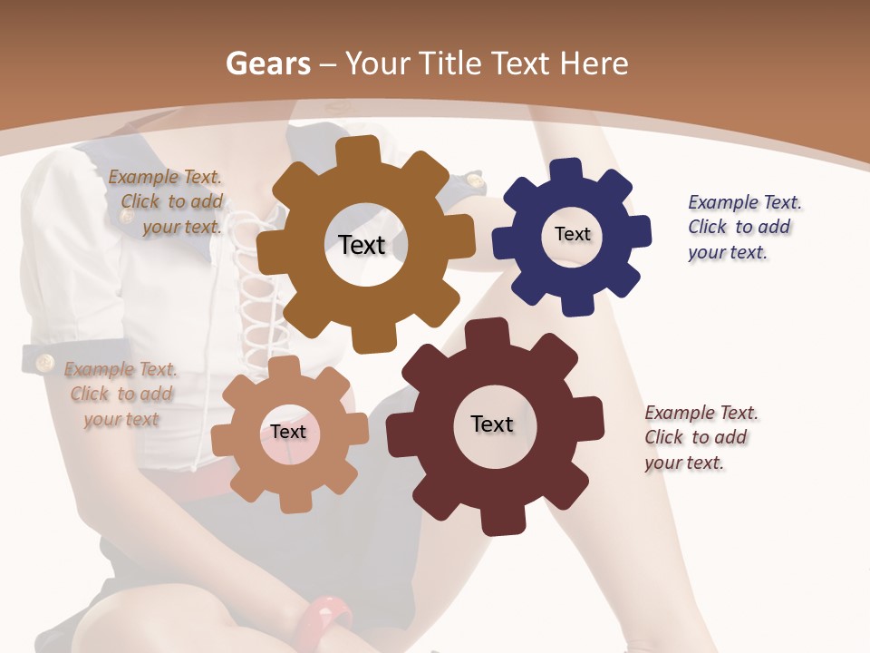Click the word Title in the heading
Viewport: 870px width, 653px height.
point(449,63)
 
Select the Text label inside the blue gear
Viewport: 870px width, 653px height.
point(572,234)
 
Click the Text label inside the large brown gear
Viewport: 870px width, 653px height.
point(362,245)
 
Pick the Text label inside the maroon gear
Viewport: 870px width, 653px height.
point(492,424)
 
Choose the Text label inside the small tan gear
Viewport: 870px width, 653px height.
point(288,432)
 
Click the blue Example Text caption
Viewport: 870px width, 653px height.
point(744,227)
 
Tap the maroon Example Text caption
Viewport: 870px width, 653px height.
point(701,437)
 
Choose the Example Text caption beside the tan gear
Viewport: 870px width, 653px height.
point(121,394)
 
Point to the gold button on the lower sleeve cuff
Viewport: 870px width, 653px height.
point(43,364)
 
